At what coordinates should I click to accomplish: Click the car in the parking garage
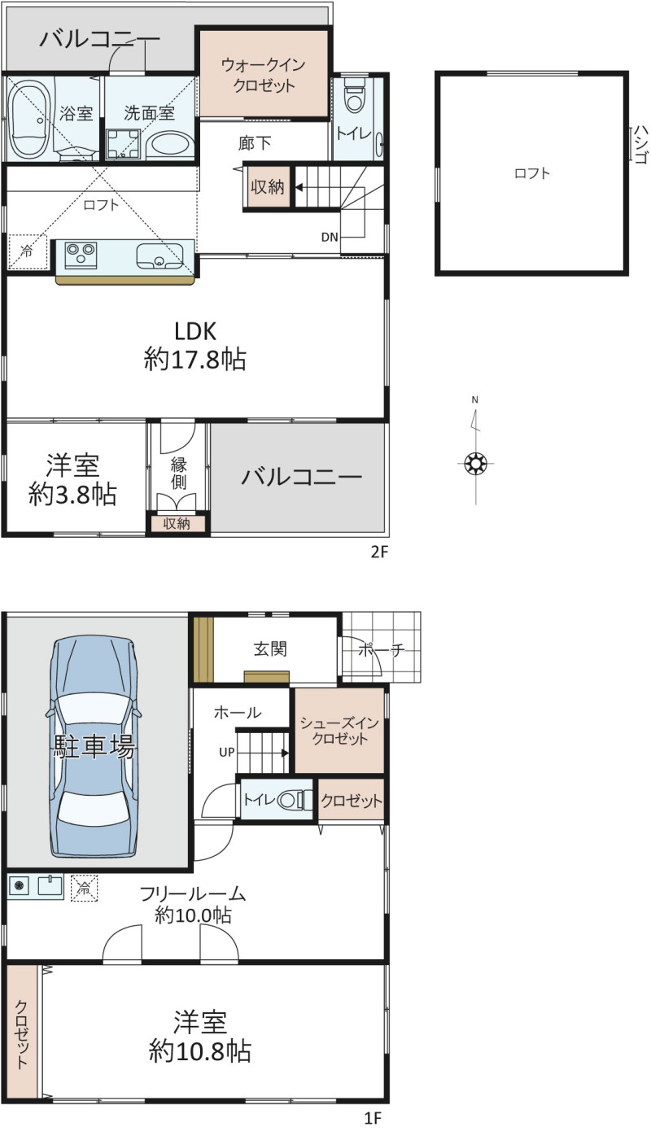[94, 746]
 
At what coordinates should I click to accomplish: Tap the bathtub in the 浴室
[30, 119]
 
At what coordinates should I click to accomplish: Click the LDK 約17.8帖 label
[195, 346]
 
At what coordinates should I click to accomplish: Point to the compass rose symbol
[475, 462]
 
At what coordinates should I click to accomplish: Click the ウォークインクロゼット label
[263, 75]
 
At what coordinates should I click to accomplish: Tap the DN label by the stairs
[330, 236]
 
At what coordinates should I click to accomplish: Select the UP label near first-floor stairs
[226, 752]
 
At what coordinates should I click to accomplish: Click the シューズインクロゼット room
[339, 730]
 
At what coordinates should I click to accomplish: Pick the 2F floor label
[379, 552]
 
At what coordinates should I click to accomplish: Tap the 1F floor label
[374, 1118]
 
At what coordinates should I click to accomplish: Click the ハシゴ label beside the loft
[640, 144]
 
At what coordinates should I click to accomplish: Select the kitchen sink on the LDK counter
[159, 256]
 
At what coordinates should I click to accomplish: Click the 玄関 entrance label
[270, 648]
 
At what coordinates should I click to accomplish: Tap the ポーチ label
[382, 649]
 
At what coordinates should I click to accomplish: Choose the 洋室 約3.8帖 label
[72, 480]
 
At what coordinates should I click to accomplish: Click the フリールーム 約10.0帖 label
[193, 904]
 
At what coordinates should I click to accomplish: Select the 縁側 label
[178, 473]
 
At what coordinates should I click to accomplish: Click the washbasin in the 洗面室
[170, 146]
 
